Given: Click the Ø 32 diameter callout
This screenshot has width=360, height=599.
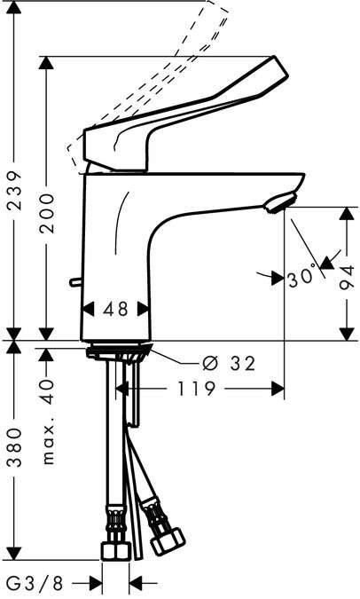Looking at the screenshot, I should [229, 363].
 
